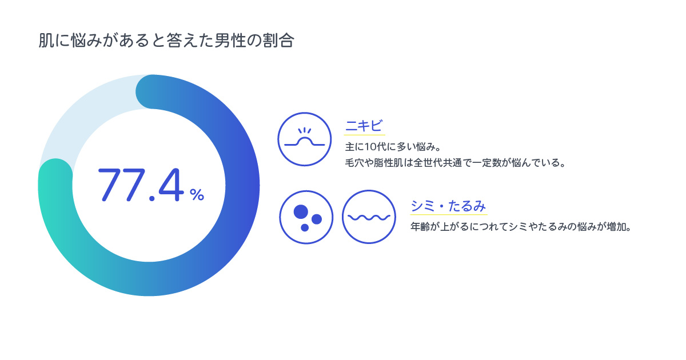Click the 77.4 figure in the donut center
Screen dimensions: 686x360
pos(141,185)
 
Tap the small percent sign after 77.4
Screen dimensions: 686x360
pos(197,194)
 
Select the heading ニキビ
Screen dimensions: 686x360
pos(364,126)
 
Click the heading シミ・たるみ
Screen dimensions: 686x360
pos(448,206)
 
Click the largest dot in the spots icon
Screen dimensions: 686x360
pos(301,211)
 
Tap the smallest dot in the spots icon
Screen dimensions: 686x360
pos(305,227)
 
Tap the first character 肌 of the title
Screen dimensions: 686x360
pos(46,41)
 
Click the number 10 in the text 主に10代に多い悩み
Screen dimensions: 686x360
pos(371,147)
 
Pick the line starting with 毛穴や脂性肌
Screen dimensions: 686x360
pos(455,162)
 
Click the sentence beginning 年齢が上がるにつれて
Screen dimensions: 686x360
pos(521,227)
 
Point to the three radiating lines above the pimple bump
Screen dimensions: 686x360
pos(304,131)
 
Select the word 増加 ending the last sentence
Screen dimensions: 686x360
pos(616,227)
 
